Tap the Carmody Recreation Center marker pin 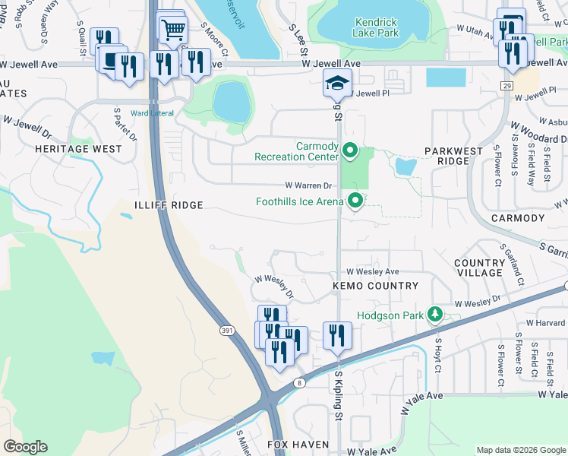tap(349, 151)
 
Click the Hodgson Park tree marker tap(434, 314)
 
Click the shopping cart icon tap(174, 30)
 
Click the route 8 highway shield tap(301, 383)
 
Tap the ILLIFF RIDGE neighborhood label tap(169, 205)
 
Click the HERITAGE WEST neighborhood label tap(77, 149)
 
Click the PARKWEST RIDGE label tap(453, 157)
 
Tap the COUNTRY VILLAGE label tap(479, 268)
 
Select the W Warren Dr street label tap(309, 185)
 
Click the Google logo tap(25, 447)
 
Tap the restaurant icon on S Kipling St tap(336, 336)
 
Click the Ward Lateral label tap(152, 113)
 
